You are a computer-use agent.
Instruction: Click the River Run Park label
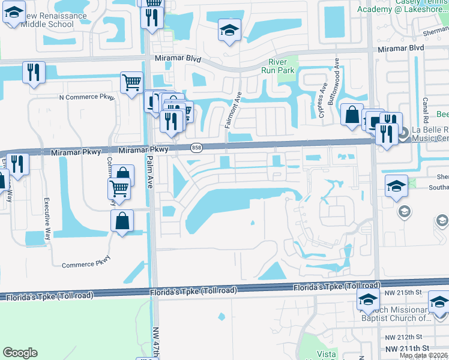(282, 67)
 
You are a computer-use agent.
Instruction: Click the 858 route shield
(196, 147)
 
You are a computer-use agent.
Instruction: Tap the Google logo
(20, 353)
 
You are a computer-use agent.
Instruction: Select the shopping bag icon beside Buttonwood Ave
(352, 114)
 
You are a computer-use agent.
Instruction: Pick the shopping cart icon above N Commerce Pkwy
(131, 82)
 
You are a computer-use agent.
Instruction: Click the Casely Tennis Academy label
(403, 6)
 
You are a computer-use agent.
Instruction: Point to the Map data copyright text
(423, 355)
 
